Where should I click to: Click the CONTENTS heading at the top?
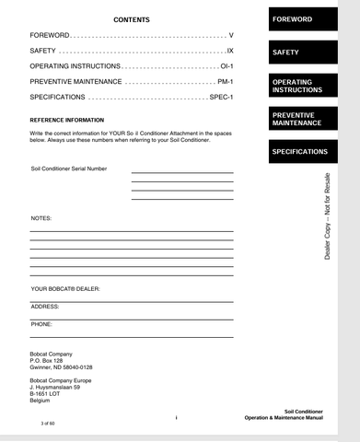132,19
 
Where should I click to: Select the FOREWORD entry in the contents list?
50,35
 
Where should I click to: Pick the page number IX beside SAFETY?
230,51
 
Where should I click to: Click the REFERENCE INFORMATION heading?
66,120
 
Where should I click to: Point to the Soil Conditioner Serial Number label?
69,169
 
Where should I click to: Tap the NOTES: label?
41,218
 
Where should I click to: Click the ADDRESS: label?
45,307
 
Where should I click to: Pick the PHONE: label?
41,324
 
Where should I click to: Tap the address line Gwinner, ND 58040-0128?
62,366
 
